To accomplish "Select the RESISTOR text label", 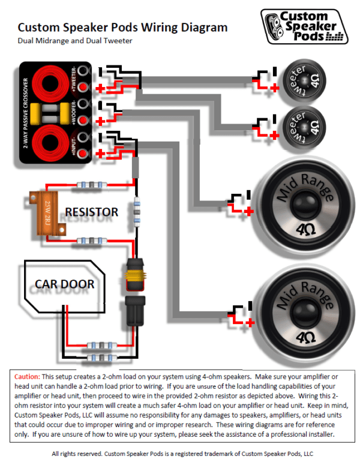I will (92, 212).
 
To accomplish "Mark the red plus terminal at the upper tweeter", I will (275, 88).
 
